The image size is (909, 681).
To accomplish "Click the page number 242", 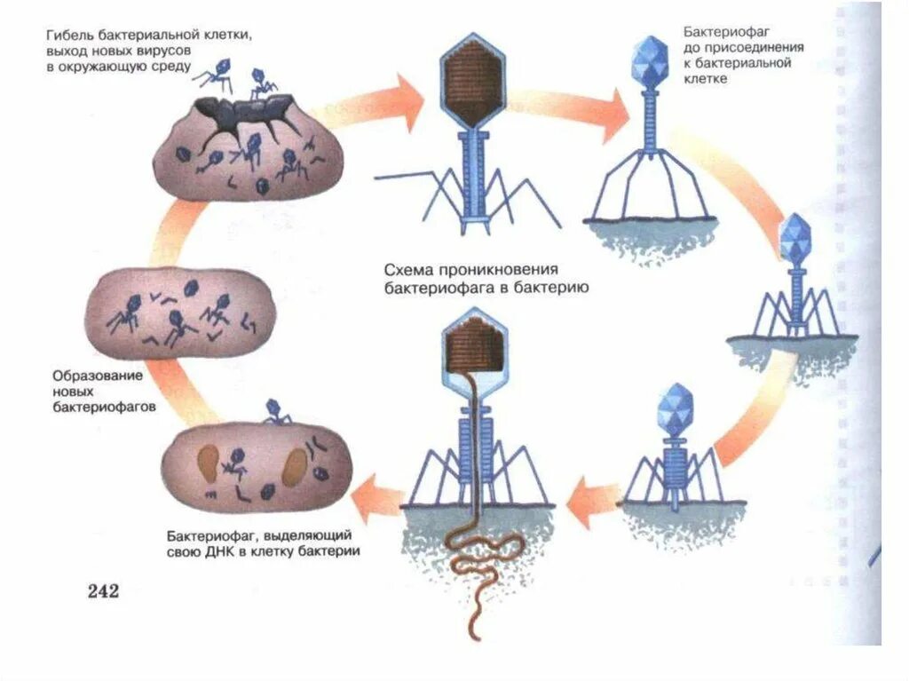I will coord(102,591).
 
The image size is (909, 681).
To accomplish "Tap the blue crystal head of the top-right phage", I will coord(652,59).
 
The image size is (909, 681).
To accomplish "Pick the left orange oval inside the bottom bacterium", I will coord(209,463).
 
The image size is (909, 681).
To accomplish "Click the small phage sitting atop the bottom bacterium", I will coord(276,412).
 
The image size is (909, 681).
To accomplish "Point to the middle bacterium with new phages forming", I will coord(178,314).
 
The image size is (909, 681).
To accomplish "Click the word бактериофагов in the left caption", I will coord(100,408).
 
